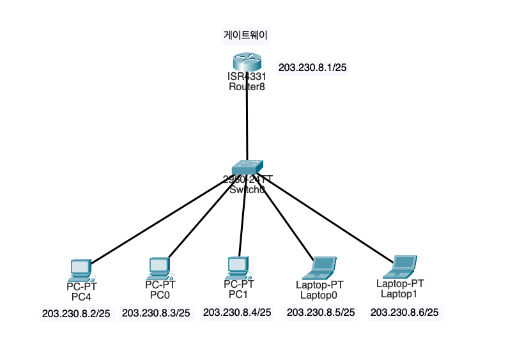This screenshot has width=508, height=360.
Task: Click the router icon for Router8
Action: click(x=247, y=63)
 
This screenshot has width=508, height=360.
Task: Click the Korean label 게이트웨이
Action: click(x=242, y=35)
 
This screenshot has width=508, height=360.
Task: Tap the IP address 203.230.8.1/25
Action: click(x=312, y=67)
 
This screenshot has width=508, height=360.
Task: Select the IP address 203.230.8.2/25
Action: click(x=76, y=313)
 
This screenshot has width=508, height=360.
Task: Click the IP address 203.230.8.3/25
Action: click(x=156, y=313)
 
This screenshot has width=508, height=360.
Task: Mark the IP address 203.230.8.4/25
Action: click(x=237, y=312)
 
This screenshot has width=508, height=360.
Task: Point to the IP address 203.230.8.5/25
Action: click(x=320, y=312)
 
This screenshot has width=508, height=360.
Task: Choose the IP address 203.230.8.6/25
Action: click(x=404, y=312)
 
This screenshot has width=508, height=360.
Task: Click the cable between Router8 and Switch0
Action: click(x=247, y=121)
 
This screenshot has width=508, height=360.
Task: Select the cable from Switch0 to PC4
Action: click(x=160, y=217)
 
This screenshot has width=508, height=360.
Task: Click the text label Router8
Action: click(x=247, y=87)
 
